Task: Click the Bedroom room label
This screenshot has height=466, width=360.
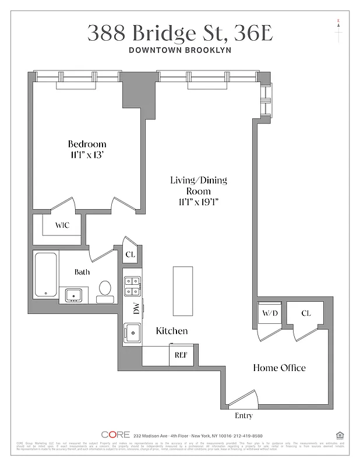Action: pos(87,144)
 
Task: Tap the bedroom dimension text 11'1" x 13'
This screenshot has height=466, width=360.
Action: pos(87,156)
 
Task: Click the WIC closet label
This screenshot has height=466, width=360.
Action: pos(63,225)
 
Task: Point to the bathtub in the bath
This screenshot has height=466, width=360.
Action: pos(45,275)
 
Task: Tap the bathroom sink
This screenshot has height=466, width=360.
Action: pos(73,295)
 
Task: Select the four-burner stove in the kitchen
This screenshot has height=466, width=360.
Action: pos(132,286)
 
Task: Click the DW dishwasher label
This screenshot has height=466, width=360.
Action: pos(136,310)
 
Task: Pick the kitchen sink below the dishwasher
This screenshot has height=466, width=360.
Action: pos(132,333)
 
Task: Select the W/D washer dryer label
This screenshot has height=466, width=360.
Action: pos(269,313)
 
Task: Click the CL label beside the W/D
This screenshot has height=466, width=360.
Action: pos(306,313)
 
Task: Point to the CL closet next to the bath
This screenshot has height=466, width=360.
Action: pos(130,254)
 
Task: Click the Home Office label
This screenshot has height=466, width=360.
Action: pos(278,368)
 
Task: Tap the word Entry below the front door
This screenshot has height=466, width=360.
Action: pos(243,415)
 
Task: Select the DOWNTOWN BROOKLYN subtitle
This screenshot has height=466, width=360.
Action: pos(180,50)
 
